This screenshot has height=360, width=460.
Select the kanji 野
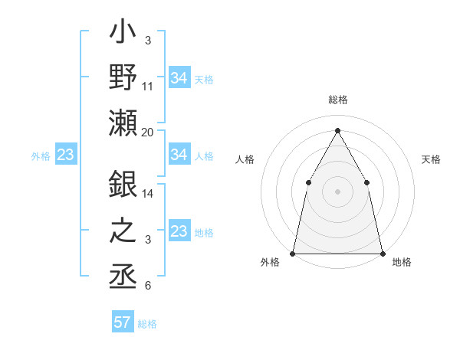coord(123,80)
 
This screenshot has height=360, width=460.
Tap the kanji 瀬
coord(123,123)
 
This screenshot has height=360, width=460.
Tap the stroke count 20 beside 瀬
coord(148,133)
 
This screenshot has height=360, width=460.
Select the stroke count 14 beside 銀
coord(148,194)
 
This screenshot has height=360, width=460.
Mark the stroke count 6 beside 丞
coord(148,286)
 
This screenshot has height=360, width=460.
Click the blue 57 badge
coord(123,322)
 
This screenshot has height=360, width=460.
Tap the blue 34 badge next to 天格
coord(179,78)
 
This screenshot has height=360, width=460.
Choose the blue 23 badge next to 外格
coord(65,155)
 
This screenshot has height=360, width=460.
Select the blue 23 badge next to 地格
coord(179,231)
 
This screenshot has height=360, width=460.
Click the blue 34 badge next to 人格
coord(179,155)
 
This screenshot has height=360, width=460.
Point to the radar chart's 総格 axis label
coord(337,100)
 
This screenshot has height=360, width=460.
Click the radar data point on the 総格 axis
coord(337,129)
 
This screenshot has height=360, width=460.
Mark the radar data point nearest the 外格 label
coord(293,253)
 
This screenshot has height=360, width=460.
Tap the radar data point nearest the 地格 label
coord(383,253)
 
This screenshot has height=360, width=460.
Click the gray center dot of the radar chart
coord(337,191)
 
